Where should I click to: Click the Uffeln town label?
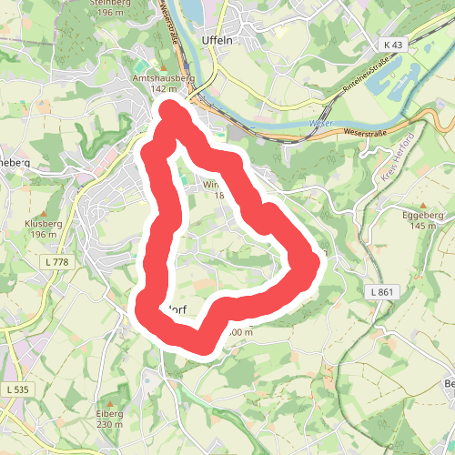(x=218, y=41)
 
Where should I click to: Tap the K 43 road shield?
(x=393, y=45)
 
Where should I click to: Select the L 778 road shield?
(x=57, y=262)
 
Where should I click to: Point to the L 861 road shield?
(x=383, y=291)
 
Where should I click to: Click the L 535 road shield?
(x=16, y=389)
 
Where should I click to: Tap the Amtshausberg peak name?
(x=164, y=79)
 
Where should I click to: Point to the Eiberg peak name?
(x=109, y=413)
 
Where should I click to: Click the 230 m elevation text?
(x=109, y=424)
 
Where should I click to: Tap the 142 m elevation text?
(x=164, y=89)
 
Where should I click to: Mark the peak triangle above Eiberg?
(x=109, y=401)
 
